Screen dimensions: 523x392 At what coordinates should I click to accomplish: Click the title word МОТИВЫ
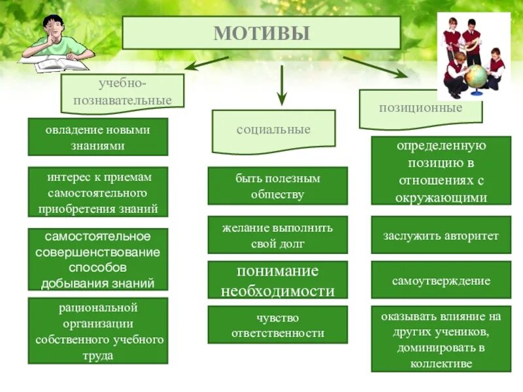tap(261, 33)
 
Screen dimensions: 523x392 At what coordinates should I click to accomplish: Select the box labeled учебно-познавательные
tap(122, 91)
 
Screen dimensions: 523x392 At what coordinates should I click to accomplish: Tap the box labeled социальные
tap(273, 129)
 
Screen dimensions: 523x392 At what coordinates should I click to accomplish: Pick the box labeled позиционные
tap(420, 107)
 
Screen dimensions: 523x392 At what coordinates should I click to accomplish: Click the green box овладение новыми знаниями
tap(97, 137)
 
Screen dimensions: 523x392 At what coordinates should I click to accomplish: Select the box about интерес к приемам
tap(97, 193)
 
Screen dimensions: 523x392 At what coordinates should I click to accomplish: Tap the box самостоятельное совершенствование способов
tap(97, 259)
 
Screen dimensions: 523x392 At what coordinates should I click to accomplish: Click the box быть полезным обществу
tap(278, 186)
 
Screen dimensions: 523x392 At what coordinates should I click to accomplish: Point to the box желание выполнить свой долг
tap(278, 235)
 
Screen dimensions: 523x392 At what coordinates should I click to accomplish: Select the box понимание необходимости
tap(278, 281)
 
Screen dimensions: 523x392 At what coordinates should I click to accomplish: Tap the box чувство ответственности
tap(278, 325)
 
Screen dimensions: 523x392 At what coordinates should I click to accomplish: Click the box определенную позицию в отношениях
tap(441, 171)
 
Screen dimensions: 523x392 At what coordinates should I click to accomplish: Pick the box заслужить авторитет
tap(441, 235)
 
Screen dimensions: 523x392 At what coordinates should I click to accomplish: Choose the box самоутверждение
tap(441, 280)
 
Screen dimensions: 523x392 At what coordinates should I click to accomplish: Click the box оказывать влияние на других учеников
tap(441, 339)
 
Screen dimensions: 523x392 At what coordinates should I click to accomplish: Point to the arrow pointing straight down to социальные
tap(282, 85)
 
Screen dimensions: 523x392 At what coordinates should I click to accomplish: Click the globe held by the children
tap(477, 76)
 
